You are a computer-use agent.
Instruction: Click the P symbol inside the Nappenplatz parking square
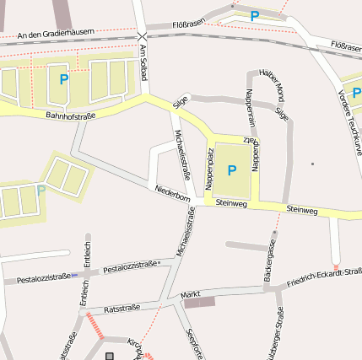pos(232,170)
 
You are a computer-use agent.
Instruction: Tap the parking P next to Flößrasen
pos(255,15)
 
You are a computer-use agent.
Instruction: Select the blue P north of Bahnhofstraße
pos(63,80)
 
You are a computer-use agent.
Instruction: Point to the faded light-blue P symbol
pos(41,191)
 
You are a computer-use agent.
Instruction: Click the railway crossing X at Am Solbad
pos(142,36)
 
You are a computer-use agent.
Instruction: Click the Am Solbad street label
pos(143,63)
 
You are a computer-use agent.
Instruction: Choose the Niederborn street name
pos(172,194)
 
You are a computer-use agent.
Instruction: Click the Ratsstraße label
pos(121,309)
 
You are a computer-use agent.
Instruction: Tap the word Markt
pos(190,294)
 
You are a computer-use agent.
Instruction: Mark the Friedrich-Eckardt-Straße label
pos(324,277)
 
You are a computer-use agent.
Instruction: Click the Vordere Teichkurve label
pos(348,117)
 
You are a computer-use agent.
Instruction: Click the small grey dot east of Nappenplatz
pos(312,164)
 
